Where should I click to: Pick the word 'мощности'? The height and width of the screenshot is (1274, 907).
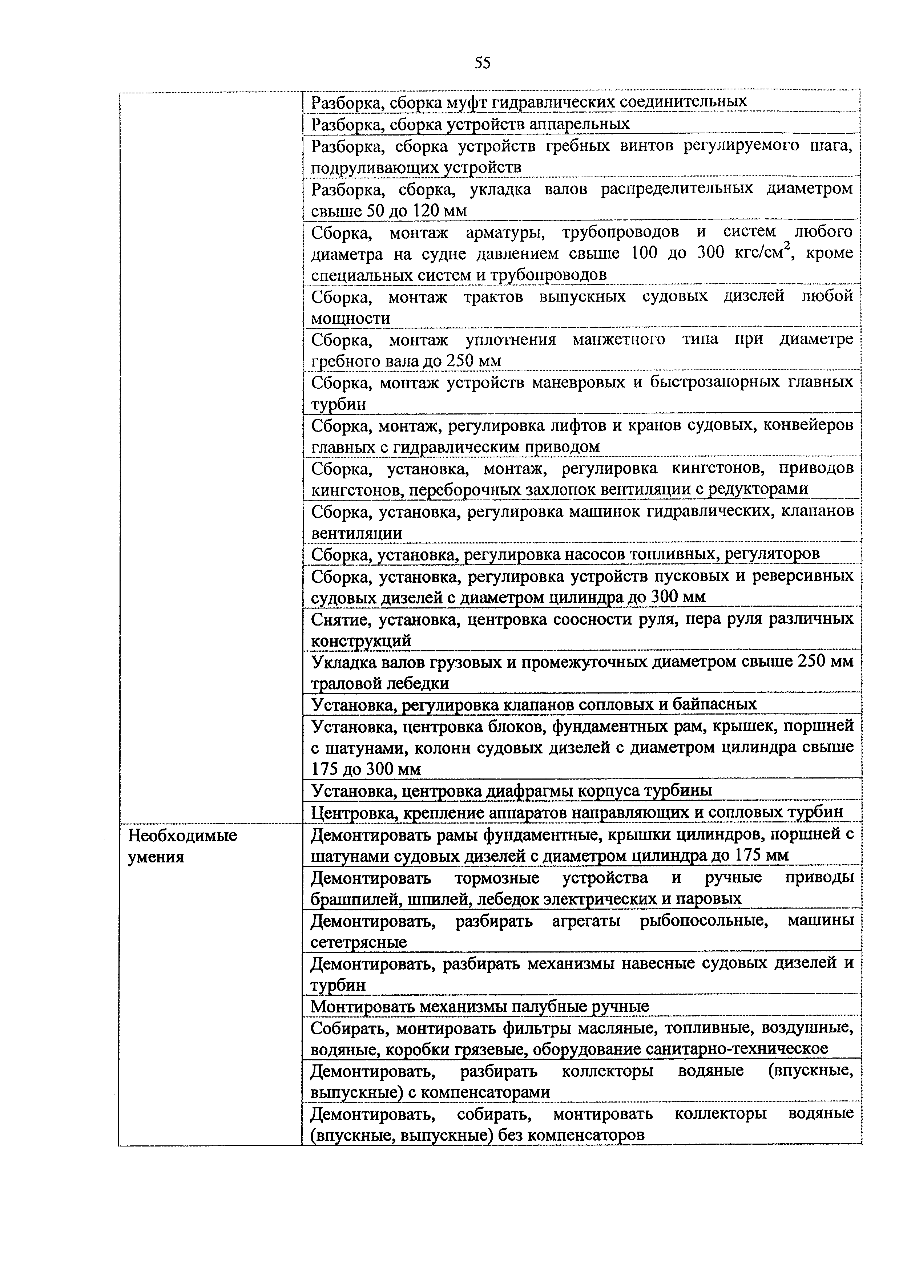tap(350, 318)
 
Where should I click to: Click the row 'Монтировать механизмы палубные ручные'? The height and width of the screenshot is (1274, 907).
tap(479, 1007)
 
